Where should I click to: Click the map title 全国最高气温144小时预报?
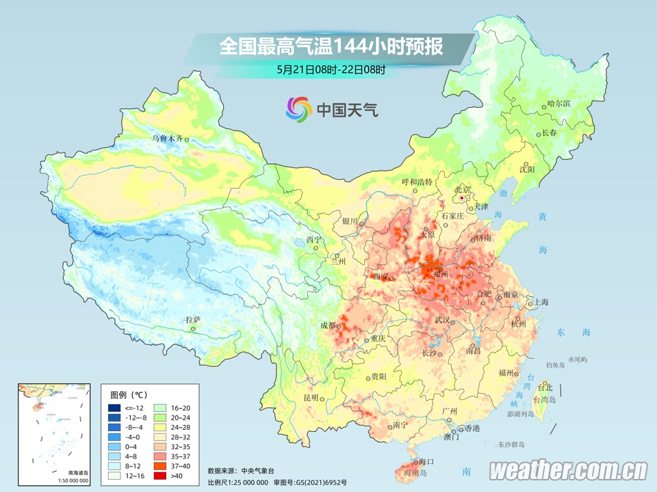click(331, 46)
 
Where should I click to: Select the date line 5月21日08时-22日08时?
click(331, 69)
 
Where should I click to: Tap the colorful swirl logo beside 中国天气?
click(298, 108)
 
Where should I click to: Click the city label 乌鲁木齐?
click(168, 139)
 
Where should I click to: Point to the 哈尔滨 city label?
click(558, 104)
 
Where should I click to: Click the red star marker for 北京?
click(463, 198)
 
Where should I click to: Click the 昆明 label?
click(311, 398)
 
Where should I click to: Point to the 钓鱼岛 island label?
click(552, 366)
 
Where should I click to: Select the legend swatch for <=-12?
click(114, 408)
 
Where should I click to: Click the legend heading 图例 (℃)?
click(129, 395)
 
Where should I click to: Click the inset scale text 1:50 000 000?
click(73, 480)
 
